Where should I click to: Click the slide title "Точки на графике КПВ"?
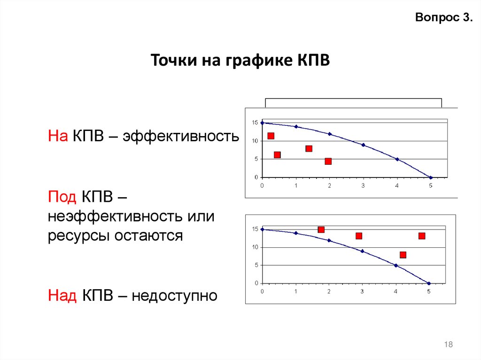click(240, 61)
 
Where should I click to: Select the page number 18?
click(448, 345)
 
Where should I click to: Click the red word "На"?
click(58, 137)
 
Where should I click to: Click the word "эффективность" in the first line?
click(181, 137)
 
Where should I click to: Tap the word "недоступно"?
click(174, 296)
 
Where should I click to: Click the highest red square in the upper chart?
click(271, 136)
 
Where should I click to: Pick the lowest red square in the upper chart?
click(328, 161)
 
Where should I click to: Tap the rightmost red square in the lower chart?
click(422, 236)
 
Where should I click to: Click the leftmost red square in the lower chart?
click(321, 230)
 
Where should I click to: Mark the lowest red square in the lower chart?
click(403, 255)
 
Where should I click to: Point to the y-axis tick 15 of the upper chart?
click(255, 123)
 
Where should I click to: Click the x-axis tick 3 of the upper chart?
click(363, 185)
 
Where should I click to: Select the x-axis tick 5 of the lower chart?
click(428, 291)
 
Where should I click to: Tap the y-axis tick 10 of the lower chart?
click(255, 247)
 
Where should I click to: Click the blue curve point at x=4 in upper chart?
click(397, 159)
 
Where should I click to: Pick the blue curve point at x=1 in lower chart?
click(295, 233)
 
